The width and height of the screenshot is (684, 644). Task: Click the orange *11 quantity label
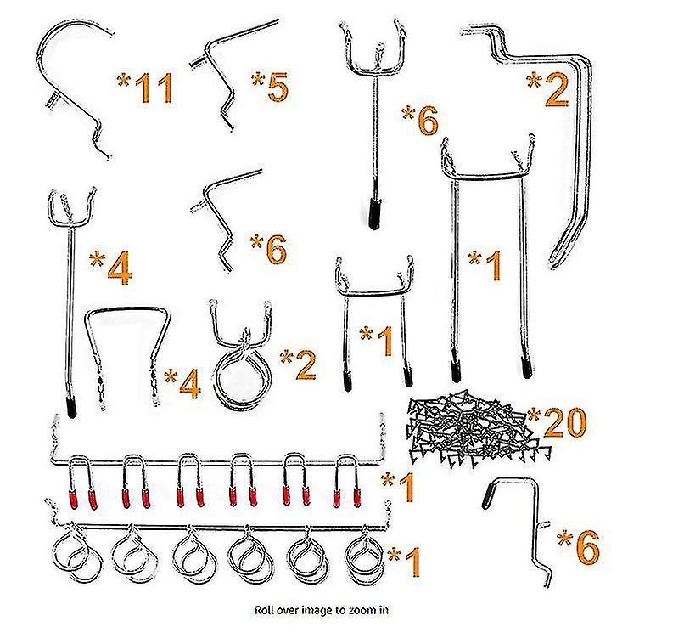tap(145, 88)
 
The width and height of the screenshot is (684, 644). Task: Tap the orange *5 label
tap(270, 87)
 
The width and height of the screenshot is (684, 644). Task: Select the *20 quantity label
tap(557, 421)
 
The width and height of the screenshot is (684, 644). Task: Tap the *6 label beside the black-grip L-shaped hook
tap(579, 545)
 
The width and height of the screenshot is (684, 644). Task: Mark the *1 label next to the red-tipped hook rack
tap(398, 486)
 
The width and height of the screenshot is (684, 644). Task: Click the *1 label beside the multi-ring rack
tap(404, 562)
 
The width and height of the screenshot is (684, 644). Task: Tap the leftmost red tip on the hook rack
tap(73, 499)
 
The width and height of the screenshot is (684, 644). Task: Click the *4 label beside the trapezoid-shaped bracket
tap(182, 383)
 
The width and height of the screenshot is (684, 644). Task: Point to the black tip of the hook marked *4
tap(71, 407)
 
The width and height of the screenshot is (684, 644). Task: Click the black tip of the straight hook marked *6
tap(374, 214)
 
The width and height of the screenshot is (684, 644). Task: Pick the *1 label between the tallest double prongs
tap(485, 265)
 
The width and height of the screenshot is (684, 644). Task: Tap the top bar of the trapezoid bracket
tap(127, 309)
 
